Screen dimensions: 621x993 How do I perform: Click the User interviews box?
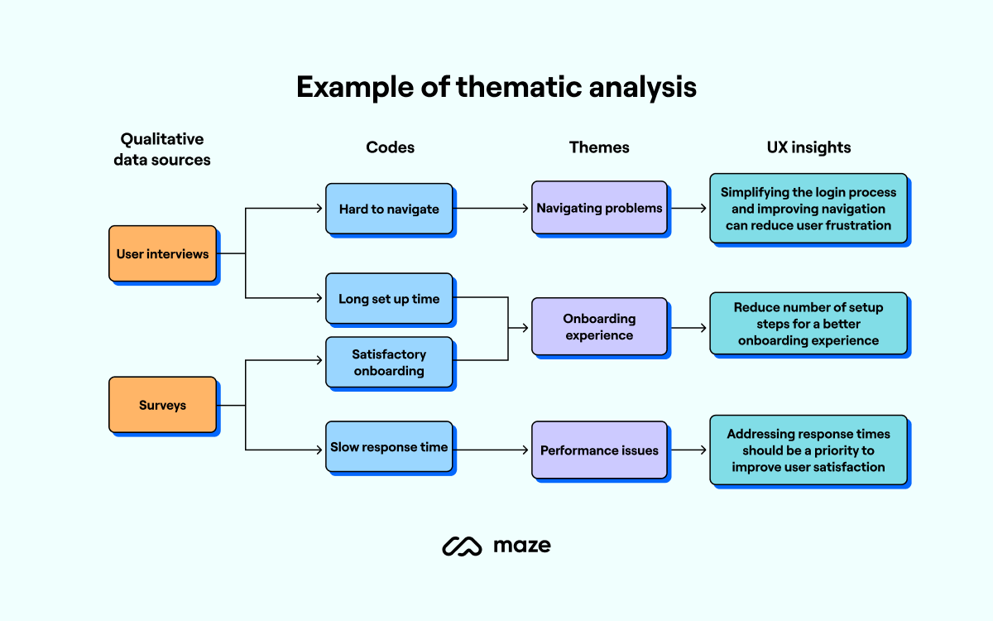pyautogui.click(x=162, y=253)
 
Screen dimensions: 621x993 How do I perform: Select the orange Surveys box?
pyautogui.click(x=162, y=405)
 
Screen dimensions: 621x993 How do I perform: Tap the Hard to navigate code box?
pyautogui.click(x=389, y=209)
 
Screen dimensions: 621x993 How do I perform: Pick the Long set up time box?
pyautogui.click(x=389, y=299)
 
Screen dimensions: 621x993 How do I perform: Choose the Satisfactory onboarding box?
pyautogui.click(x=389, y=362)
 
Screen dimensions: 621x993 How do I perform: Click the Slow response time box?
pyautogui.click(x=389, y=447)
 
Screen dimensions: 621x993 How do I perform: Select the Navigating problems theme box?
pyautogui.click(x=599, y=208)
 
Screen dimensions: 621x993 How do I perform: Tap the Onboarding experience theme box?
pyautogui.click(x=599, y=327)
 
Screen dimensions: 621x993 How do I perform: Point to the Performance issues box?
pyautogui.click(x=599, y=450)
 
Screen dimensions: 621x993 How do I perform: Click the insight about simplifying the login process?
pyautogui.click(x=808, y=209)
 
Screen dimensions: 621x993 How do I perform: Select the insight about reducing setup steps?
pyautogui.click(x=808, y=324)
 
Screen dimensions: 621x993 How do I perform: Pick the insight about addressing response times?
pyautogui.click(x=808, y=450)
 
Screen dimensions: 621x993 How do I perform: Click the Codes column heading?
pyautogui.click(x=390, y=147)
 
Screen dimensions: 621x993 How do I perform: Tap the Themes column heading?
pyautogui.click(x=599, y=147)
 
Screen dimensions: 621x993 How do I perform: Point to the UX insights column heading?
pyautogui.click(x=808, y=147)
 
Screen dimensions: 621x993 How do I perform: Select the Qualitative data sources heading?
pyautogui.click(x=162, y=150)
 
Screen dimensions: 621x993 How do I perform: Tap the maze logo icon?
pyautogui.click(x=462, y=546)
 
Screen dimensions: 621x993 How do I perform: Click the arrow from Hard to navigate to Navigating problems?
pyautogui.click(x=492, y=209)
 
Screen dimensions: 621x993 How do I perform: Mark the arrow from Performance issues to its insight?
pyautogui.click(x=688, y=450)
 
